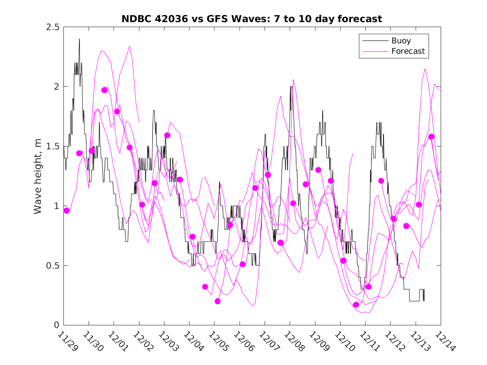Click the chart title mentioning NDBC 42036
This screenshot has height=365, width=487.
[x=252, y=19]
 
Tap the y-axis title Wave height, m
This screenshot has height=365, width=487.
[x=38, y=176]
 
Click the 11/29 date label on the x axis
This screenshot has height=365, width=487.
[x=68, y=341]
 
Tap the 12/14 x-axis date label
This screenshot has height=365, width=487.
[x=446, y=341]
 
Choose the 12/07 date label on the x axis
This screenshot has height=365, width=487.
[x=270, y=341]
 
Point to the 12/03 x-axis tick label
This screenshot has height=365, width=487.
[x=169, y=341]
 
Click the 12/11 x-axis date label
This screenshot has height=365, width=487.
[x=370, y=341]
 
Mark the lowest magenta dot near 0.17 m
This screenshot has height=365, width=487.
[x=356, y=305]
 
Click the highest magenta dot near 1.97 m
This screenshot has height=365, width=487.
[x=104, y=90]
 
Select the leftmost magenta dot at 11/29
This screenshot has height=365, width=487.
[x=66, y=211]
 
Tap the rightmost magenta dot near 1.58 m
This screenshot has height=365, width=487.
[x=431, y=137]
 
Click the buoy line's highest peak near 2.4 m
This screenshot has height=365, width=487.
[x=79, y=39]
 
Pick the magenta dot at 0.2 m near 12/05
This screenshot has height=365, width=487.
[x=217, y=301]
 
